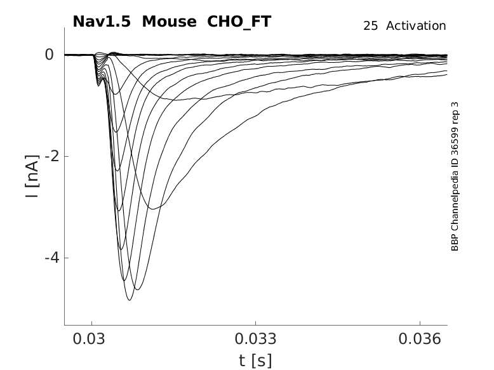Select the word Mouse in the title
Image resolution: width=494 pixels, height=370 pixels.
169,22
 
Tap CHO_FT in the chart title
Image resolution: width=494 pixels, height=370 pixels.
236,22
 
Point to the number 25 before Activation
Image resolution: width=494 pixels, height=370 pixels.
371,25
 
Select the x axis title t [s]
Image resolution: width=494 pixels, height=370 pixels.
255,360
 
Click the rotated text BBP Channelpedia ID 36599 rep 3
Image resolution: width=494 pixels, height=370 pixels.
455,176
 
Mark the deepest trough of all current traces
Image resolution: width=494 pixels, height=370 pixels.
130,300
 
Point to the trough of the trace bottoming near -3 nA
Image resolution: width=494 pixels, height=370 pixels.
152,208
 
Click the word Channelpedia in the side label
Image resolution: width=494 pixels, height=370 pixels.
455,199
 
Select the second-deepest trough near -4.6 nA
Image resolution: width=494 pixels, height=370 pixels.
137,289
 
